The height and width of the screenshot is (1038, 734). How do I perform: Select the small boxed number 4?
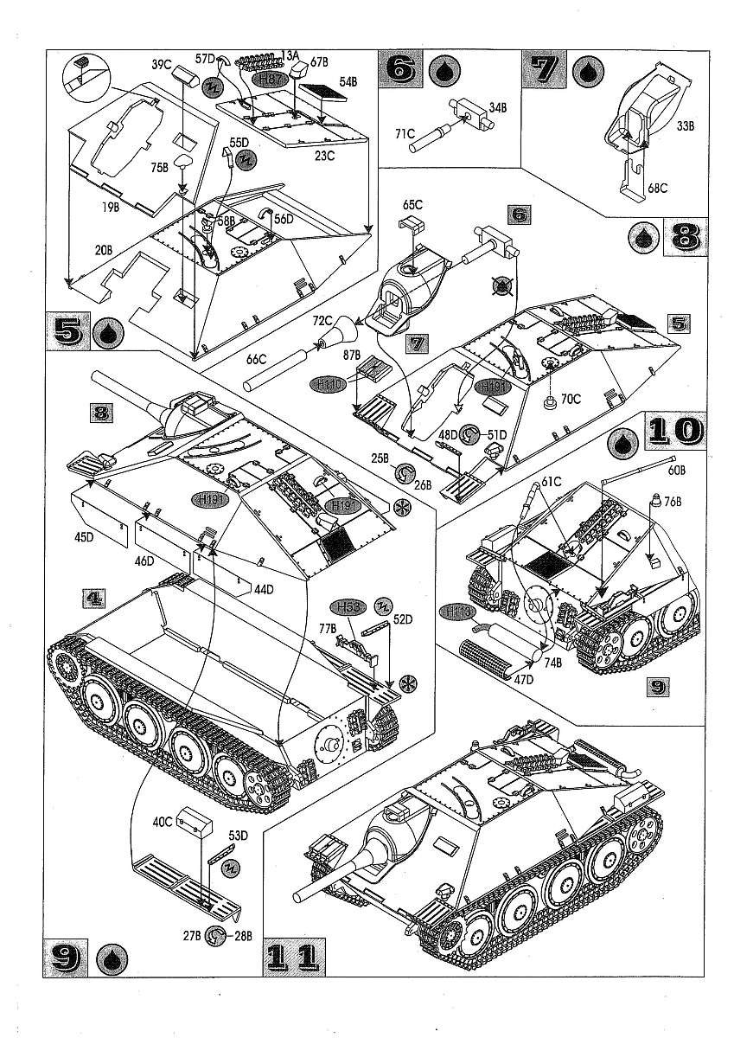point(96,597)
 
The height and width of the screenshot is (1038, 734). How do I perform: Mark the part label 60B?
point(678,471)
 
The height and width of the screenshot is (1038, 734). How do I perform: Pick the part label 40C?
point(163,823)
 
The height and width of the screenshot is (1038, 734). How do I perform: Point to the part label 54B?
point(348,81)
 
